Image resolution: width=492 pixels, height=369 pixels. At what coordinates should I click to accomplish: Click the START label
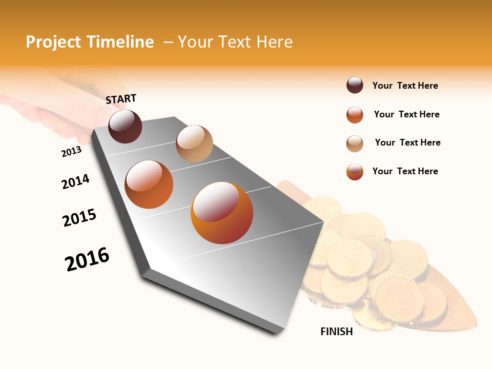[121, 99]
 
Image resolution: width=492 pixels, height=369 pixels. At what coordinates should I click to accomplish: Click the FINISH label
[337, 332]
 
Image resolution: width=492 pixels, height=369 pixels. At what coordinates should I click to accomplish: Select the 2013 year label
[71, 151]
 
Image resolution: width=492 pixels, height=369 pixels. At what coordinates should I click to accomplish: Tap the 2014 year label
[75, 181]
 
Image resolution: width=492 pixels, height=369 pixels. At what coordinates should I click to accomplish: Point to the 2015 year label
[79, 218]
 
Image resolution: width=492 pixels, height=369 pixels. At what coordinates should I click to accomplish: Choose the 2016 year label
[87, 259]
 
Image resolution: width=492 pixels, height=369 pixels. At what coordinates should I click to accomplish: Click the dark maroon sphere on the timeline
[125, 126]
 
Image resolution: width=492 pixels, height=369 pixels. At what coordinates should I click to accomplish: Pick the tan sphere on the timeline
[194, 143]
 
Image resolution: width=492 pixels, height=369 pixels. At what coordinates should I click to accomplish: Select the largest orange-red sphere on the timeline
[222, 213]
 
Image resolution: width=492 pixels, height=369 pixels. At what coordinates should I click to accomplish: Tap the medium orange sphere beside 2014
[149, 184]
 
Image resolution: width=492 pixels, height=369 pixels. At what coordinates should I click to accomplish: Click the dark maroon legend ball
[355, 85]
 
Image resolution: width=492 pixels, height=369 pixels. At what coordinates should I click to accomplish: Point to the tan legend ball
[355, 143]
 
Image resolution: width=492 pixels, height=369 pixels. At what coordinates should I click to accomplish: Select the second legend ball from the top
[355, 115]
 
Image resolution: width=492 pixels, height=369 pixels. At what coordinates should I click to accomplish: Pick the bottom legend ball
[355, 172]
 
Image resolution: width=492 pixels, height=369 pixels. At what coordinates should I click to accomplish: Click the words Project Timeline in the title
[90, 42]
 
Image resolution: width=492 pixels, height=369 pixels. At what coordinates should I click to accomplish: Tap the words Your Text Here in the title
[235, 42]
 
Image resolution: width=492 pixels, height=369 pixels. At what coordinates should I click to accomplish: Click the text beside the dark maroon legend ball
[405, 86]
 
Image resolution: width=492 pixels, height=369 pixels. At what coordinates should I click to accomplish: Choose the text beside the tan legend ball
[407, 142]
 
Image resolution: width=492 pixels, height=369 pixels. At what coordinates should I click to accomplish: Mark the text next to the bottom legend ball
[405, 171]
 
